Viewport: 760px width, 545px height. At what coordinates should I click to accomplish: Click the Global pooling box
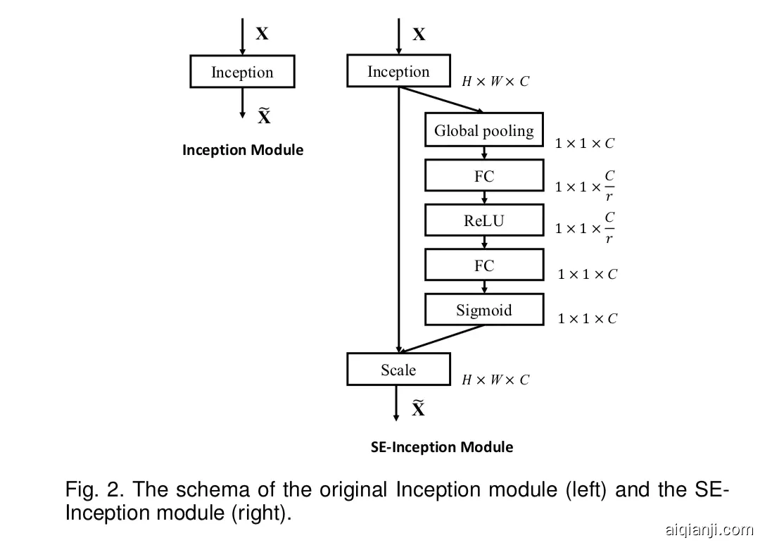click(484, 130)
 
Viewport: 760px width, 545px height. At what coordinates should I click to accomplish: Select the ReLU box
click(484, 220)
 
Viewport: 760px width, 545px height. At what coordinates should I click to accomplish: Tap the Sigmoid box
click(484, 309)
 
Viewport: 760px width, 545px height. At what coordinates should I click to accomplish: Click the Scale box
click(398, 369)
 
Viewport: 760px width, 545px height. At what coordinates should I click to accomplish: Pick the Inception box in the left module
click(242, 72)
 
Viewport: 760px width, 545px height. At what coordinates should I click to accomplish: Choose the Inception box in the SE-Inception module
click(398, 71)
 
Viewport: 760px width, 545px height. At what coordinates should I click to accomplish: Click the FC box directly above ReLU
click(484, 175)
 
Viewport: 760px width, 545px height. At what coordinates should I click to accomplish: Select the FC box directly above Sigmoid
click(484, 265)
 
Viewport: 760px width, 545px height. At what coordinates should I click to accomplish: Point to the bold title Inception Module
click(243, 150)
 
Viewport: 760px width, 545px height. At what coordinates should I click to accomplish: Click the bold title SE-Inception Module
click(442, 447)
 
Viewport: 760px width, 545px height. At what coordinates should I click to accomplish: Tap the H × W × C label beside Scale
click(495, 380)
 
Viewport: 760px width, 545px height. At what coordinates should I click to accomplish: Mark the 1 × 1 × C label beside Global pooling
click(584, 144)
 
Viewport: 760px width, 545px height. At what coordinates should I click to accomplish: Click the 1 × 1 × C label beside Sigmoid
click(587, 319)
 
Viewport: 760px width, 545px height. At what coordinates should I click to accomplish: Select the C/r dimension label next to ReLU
click(585, 228)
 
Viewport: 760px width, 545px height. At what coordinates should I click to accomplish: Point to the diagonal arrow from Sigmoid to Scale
click(443, 339)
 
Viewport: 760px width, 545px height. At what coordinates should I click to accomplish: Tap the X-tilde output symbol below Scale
click(418, 408)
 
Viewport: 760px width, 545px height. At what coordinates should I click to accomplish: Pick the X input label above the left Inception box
click(262, 34)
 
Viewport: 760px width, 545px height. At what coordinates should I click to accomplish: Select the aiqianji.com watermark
click(708, 530)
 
